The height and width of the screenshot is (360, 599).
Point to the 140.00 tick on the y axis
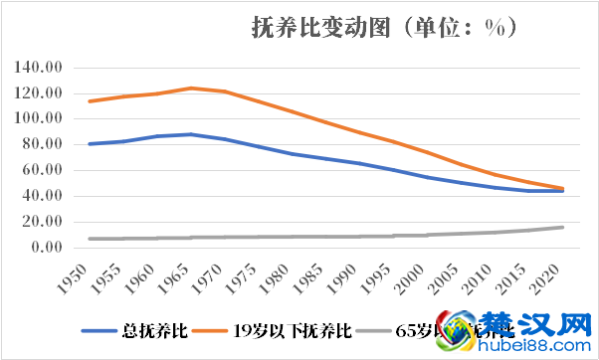pyautogui.click(x=40, y=68)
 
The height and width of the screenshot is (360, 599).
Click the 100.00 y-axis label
pyautogui.click(x=40, y=118)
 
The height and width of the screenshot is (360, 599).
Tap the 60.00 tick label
pyautogui.click(x=43, y=170)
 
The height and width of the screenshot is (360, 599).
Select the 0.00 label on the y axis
pyautogui.click(x=47, y=247)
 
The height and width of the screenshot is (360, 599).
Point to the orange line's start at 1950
pyautogui.click(x=89, y=101)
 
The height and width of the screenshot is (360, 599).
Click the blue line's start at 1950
pyautogui.click(x=89, y=144)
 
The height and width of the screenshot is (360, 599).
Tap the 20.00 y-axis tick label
pyautogui.click(x=43, y=221)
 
